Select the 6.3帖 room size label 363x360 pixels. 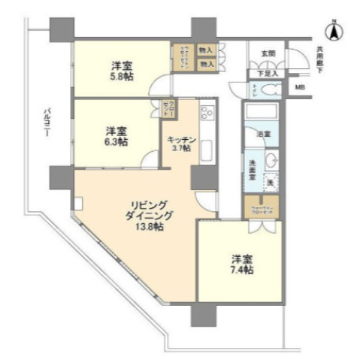[116, 140]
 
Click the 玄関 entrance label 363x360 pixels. [268, 54]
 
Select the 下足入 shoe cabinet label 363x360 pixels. [269, 73]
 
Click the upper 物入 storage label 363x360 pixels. [206, 51]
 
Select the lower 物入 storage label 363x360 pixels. [206, 65]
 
